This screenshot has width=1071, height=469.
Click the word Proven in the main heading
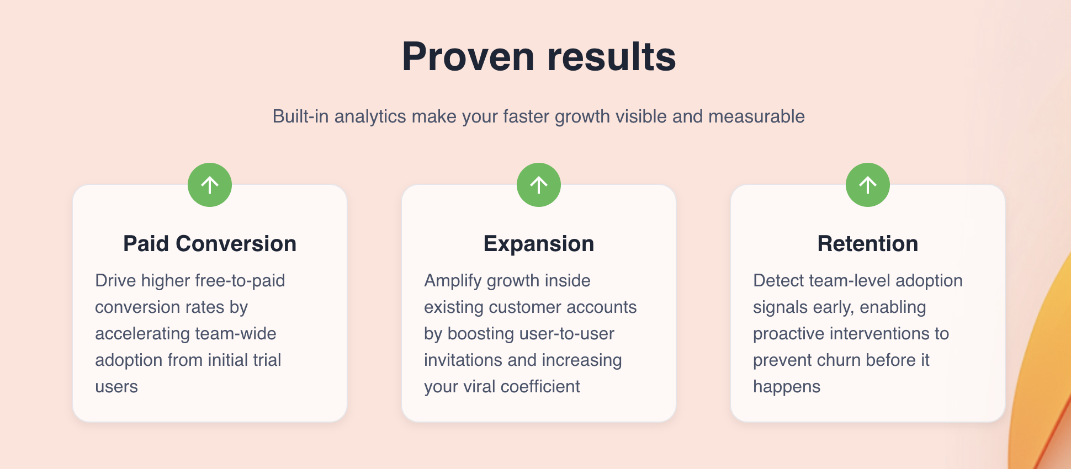click(x=468, y=56)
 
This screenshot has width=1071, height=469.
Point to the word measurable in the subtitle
click(x=756, y=116)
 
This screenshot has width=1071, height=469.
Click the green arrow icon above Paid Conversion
click(x=210, y=185)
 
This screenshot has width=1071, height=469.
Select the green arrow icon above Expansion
click(x=539, y=185)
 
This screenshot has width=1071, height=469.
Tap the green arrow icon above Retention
click(x=868, y=185)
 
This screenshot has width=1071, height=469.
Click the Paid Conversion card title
click(x=210, y=243)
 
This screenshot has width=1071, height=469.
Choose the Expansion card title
click(x=539, y=244)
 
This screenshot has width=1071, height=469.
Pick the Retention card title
click(x=868, y=243)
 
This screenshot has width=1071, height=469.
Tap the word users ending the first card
click(x=116, y=387)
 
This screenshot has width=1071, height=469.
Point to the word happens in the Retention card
click(x=787, y=387)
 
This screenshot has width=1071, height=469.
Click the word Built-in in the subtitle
click(x=301, y=116)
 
